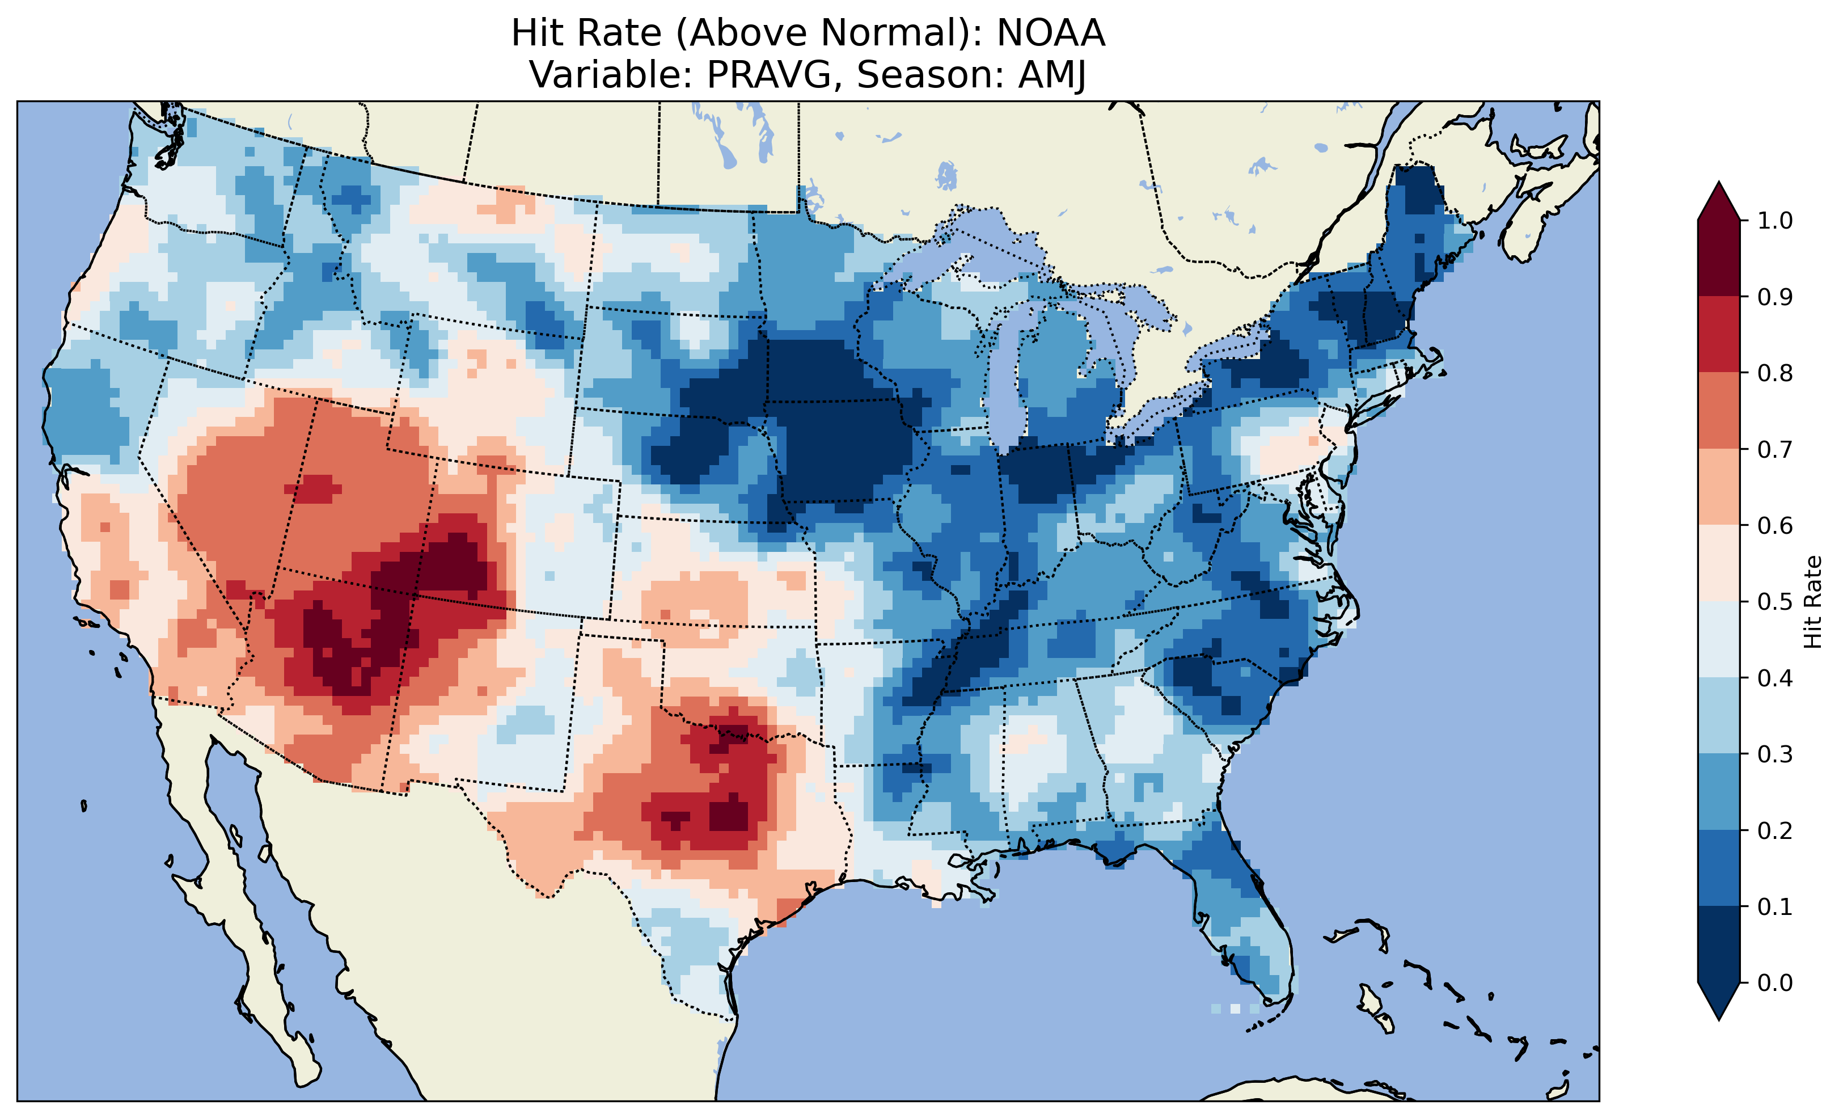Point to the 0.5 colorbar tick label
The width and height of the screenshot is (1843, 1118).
[x=1775, y=602]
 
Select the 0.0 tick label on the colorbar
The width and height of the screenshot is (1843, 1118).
[x=1775, y=982]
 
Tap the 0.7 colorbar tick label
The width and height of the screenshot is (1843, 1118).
[x=1775, y=449]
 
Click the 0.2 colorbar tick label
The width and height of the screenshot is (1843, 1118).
[x=1775, y=830]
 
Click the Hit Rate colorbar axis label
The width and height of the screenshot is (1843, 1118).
[x=1812, y=602]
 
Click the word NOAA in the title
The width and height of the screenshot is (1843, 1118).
[x=1050, y=33]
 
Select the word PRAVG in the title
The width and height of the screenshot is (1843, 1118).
[x=775, y=75]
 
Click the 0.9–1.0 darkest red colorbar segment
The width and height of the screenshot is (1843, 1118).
[x=1719, y=258]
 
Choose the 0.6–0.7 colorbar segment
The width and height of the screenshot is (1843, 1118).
[x=1719, y=487]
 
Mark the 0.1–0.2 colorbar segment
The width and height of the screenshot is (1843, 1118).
[x=1719, y=868]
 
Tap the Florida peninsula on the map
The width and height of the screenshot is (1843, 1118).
[x=1242, y=913]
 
